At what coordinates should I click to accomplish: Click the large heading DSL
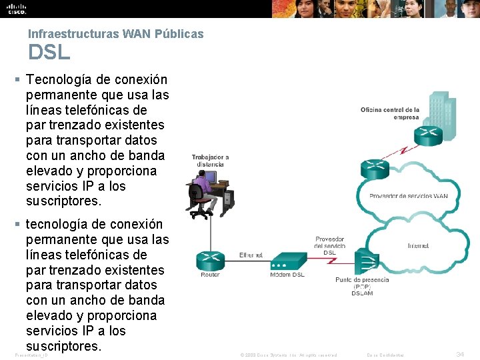pos(49,52)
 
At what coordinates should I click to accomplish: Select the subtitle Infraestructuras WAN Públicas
pos(115,33)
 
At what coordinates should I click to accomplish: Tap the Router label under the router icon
pos(210,275)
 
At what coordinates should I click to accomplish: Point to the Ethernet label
pos(251,255)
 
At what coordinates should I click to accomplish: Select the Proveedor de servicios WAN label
pos(409,196)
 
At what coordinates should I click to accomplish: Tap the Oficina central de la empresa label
pos(390,113)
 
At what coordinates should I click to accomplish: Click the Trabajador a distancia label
pos(210,161)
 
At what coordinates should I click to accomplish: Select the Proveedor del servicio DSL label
pos(329,245)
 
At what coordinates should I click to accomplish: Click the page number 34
pos(459,355)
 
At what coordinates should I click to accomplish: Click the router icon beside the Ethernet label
pos(210,259)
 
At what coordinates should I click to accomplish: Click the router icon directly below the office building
pos(427,136)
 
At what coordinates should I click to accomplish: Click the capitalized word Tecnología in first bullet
pos(57,79)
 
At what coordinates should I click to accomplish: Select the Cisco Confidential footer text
pos(386,355)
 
